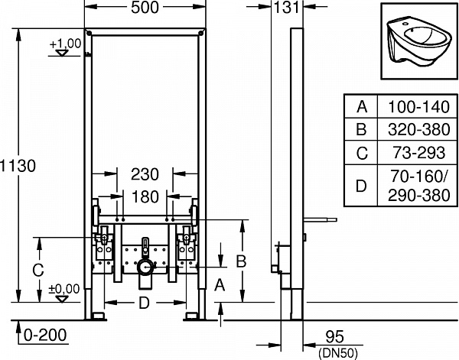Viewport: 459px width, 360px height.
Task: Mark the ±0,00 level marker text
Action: tap(64, 288)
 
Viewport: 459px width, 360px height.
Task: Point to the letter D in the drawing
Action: tap(142, 303)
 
